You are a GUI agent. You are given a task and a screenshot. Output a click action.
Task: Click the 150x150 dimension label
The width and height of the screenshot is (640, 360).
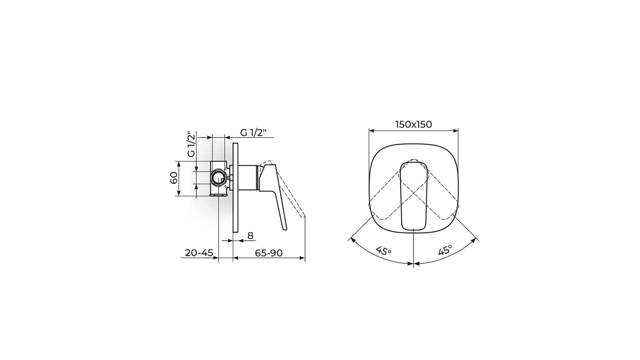click(x=413, y=124)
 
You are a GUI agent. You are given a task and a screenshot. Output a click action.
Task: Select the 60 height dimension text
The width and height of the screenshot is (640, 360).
click(x=174, y=179)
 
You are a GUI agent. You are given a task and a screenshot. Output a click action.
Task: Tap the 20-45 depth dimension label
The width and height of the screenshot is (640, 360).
click(x=199, y=253)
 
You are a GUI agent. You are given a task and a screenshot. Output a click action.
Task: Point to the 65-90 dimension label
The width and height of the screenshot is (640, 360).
click(x=269, y=253)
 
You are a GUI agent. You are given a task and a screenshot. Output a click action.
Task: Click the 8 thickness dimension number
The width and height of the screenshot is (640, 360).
click(x=250, y=236)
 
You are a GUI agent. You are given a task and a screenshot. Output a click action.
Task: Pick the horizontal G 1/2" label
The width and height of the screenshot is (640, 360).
click(x=254, y=133)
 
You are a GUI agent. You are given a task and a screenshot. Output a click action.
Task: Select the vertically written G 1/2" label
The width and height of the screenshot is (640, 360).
click(x=191, y=144)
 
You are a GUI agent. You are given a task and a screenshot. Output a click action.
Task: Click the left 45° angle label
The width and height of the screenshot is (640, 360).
click(x=383, y=251)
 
